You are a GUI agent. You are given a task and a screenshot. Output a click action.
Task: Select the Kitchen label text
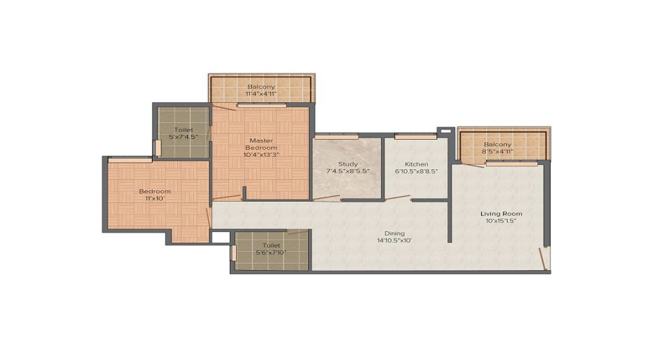pyautogui.click(x=416, y=164)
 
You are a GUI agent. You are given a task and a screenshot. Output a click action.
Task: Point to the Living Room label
pyautogui.click(x=501, y=214)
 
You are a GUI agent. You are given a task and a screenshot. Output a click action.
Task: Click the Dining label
pyautogui.click(x=394, y=233)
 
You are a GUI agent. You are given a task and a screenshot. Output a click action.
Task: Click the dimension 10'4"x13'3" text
pyautogui.click(x=259, y=153)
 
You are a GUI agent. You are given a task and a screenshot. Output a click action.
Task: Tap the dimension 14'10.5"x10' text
pyautogui.click(x=394, y=242)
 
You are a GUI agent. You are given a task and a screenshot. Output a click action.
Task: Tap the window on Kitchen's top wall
pyautogui.click(x=415, y=136)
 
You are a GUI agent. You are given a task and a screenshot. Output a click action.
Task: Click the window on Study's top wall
pyautogui.click(x=336, y=136)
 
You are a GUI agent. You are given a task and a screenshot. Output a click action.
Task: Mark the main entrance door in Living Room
pyautogui.click(x=545, y=258)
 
